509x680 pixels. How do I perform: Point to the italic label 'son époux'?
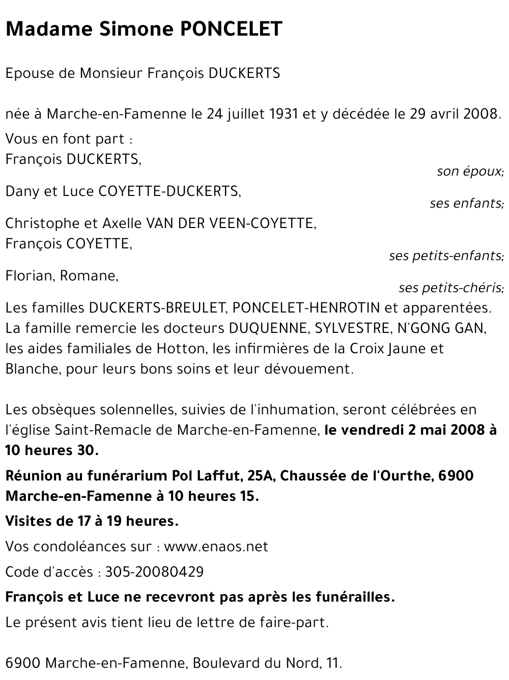(470, 172)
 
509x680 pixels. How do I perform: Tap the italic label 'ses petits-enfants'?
(446, 256)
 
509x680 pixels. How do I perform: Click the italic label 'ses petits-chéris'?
(451, 288)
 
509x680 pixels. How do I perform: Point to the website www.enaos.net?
(216, 547)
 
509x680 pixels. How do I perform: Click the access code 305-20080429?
(154, 572)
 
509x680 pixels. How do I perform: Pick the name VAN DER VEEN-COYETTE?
(231, 223)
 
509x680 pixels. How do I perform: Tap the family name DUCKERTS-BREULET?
(157, 308)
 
